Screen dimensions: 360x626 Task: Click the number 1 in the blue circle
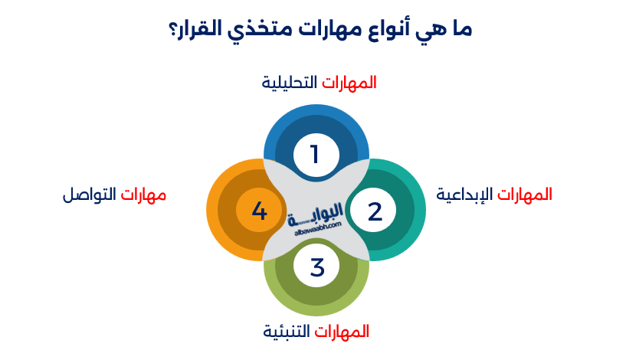314,154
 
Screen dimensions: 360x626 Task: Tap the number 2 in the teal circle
375,211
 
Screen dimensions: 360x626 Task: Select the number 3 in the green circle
317,268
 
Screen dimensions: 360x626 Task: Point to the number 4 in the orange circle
259,211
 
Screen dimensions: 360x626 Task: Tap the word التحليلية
290,83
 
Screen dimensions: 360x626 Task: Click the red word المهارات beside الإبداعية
524,195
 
